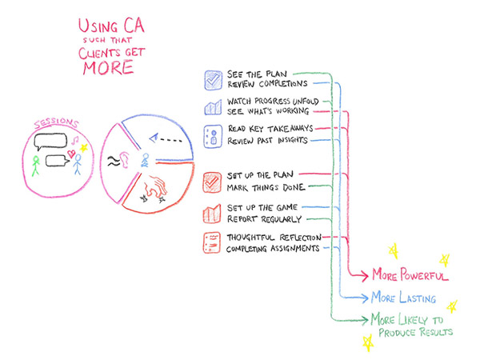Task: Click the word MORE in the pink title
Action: pos(108,68)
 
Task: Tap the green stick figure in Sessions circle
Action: pos(36,166)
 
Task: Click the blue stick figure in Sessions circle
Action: pos(78,164)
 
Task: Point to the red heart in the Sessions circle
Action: pos(71,154)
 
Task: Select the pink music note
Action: pos(74,140)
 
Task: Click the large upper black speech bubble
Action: pos(50,142)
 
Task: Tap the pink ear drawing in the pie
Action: pos(124,160)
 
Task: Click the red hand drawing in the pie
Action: pos(156,186)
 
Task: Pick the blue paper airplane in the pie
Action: pos(154,138)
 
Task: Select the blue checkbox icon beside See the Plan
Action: pos(214,80)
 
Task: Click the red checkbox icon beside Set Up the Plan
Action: pos(212,182)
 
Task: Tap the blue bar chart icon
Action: pos(213,107)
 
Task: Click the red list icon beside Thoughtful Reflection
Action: pos(211,242)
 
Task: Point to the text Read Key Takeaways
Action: pos(270,129)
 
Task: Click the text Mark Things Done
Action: pos(266,187)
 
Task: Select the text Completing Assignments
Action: pos(273,248)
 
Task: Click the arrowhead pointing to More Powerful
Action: pos(364,275)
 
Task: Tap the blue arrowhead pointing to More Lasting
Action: pos(364,298)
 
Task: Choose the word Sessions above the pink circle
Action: pos(56,123)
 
